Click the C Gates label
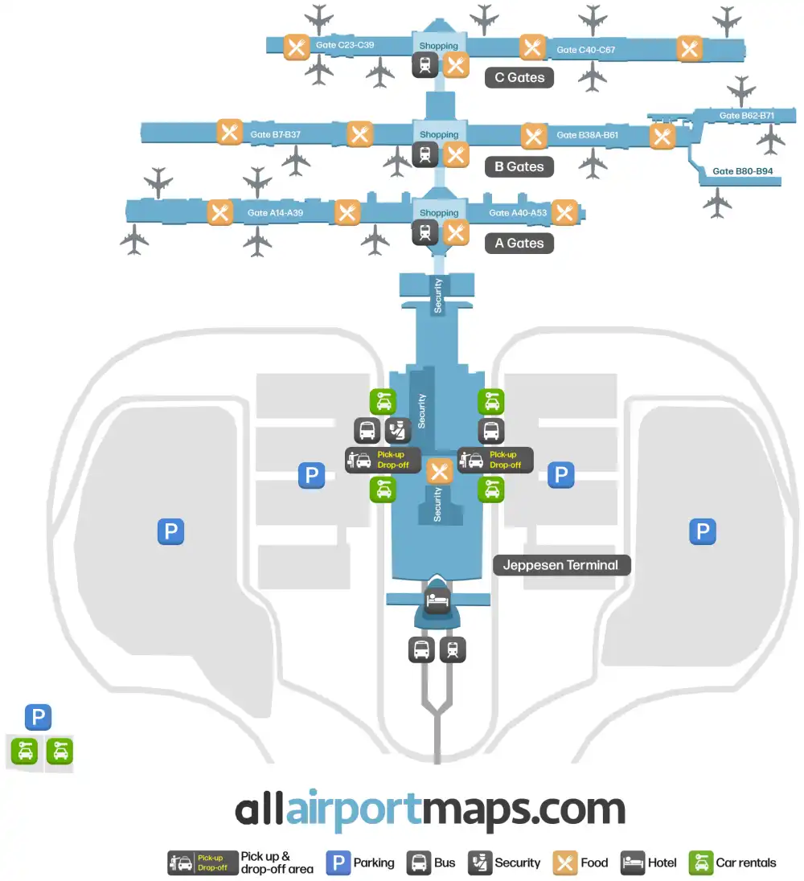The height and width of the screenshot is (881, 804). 519,78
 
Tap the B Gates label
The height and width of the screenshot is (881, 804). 519,167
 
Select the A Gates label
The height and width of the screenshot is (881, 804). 519,244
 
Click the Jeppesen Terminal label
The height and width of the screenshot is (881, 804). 560,565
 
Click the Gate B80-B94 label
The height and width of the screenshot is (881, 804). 742,171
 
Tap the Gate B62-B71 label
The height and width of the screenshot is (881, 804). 746,116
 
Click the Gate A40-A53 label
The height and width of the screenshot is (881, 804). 518,213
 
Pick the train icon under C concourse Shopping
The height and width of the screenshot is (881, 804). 425,66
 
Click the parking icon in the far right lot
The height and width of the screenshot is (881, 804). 703,531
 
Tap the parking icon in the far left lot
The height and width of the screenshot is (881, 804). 170,531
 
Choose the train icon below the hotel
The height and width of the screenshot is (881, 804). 453,649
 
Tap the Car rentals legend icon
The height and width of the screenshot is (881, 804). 702,863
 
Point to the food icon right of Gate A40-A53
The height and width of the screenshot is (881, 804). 564,212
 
